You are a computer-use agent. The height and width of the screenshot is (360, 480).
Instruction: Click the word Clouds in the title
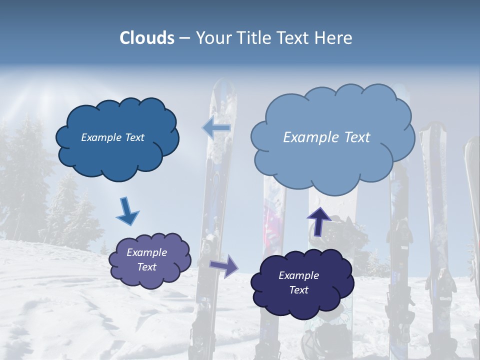(147, 38)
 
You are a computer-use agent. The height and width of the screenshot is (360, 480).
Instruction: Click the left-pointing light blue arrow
(216, 128)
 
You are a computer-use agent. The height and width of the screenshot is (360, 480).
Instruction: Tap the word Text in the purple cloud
(147, 267)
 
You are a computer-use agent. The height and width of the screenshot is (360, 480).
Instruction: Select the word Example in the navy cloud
(298, 275)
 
